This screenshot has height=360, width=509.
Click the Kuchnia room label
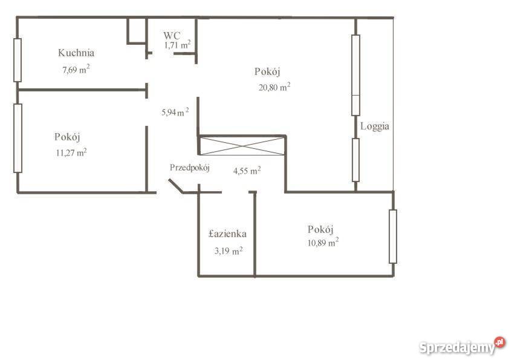76,53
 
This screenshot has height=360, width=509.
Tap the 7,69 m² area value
76,69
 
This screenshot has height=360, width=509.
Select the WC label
172,35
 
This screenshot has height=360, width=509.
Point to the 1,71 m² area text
177,45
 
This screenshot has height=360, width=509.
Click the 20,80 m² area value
274,87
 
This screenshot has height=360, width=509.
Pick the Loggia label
375,126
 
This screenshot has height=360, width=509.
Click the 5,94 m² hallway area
175,112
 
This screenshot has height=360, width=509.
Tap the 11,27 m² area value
71,152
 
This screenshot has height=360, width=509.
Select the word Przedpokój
190,168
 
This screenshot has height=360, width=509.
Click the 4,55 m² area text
247,171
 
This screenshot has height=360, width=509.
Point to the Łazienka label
227,234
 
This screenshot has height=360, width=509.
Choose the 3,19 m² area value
229,250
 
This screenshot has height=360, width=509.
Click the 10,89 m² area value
323,243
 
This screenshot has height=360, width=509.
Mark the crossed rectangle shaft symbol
242,146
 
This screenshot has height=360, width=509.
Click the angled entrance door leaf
176,186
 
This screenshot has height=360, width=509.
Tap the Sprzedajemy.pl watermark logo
462,347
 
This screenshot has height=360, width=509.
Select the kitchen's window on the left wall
18,60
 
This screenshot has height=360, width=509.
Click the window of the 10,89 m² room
393,237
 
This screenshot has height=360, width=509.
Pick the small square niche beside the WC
137,31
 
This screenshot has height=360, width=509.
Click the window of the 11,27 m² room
18,138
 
